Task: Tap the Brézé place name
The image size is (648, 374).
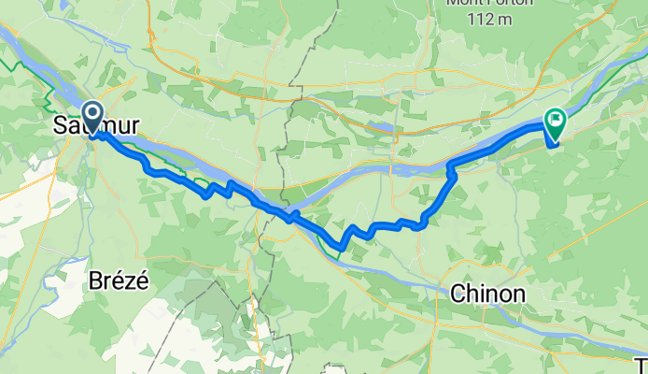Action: coord(119,280)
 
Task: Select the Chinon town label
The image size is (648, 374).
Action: coord(486,294)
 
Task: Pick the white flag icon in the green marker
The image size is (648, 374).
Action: coord(556,119)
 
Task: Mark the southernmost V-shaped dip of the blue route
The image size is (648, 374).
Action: coord(340,247)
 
